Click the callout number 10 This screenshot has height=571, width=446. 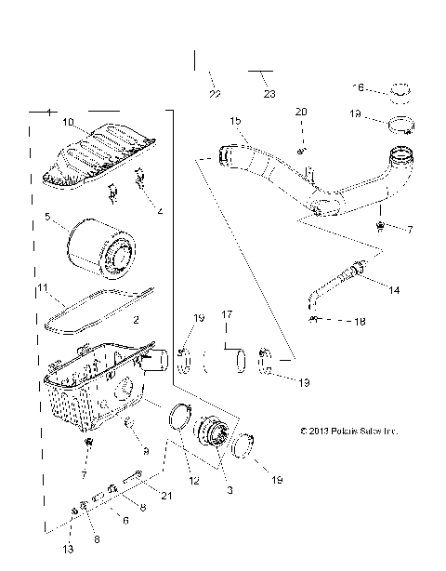tap(68, 123)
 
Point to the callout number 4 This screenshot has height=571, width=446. tap(160, 212)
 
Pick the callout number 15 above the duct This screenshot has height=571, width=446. tap(236, 122)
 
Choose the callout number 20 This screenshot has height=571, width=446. tap(300, 112)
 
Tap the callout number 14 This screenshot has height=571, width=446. tap(394, 290)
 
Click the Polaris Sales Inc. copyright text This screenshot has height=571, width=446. tap(348, 431)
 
